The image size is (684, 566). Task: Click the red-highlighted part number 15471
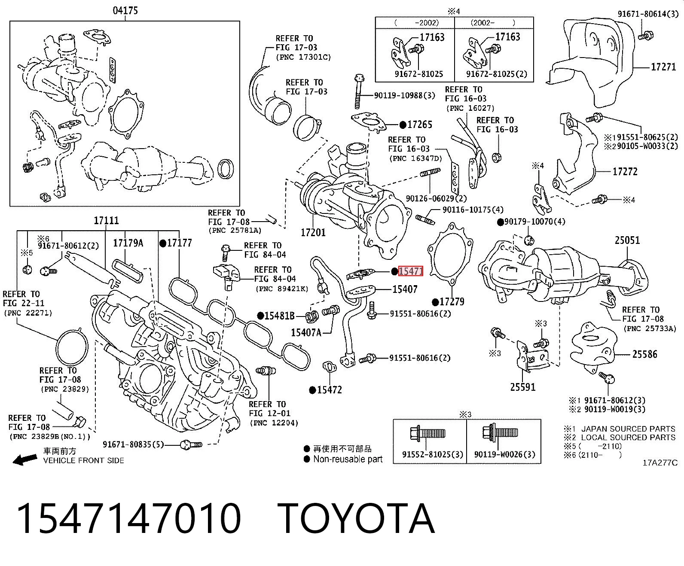pos(410,271)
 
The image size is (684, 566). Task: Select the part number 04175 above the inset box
pos(125,10)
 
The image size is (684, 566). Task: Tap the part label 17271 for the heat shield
pos(663,67)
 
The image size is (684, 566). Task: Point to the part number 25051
pos(627,240)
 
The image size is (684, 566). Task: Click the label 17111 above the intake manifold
pos(106,220)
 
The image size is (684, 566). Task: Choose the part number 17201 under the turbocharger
pos(313,233)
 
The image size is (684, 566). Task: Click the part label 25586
pos(645,354)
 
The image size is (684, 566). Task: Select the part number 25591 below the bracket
pos(523,387)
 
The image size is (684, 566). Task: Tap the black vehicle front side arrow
pos(25,459)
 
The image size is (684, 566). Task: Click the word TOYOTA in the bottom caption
pos(356,519)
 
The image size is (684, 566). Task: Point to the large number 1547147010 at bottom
pos(129,519)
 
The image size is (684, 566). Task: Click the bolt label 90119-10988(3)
pos(405,95)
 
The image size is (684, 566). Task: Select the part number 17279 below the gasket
pos(452,301)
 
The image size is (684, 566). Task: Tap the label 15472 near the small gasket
pos(330,390)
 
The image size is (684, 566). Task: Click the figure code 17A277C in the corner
pos(660,463)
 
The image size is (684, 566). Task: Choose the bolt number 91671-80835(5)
pos(133,444)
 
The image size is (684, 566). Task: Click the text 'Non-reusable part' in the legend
pos(348,459)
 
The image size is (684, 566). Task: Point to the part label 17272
pos(625,171)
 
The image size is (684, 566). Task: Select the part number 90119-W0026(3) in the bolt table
pos(504,454)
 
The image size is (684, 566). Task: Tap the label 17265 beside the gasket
pos(420,125)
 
